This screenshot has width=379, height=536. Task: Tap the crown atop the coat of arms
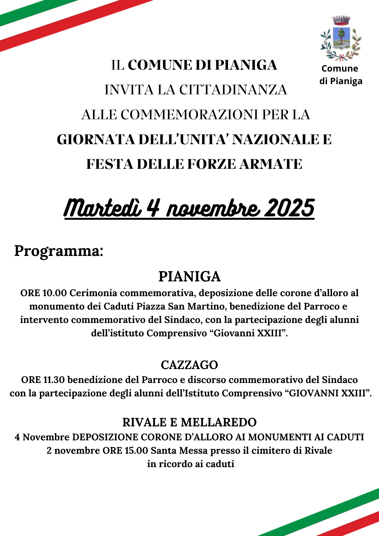point(341,20)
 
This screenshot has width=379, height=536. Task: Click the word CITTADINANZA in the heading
point(233,90)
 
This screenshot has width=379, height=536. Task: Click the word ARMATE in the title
point(271,164)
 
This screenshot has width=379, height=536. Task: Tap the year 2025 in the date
point(289,208)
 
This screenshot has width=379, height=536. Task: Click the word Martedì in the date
point(103,208)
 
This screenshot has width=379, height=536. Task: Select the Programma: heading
point(59,251)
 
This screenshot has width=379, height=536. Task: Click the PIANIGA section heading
point(189,277)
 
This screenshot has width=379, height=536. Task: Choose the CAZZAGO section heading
point(189,365)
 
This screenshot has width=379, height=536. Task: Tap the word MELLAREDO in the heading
point(218,422)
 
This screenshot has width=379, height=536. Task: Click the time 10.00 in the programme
point(54,293)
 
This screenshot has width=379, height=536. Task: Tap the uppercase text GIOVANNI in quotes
point(314,393)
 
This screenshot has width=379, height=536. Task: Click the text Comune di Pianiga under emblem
point(340,75)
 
